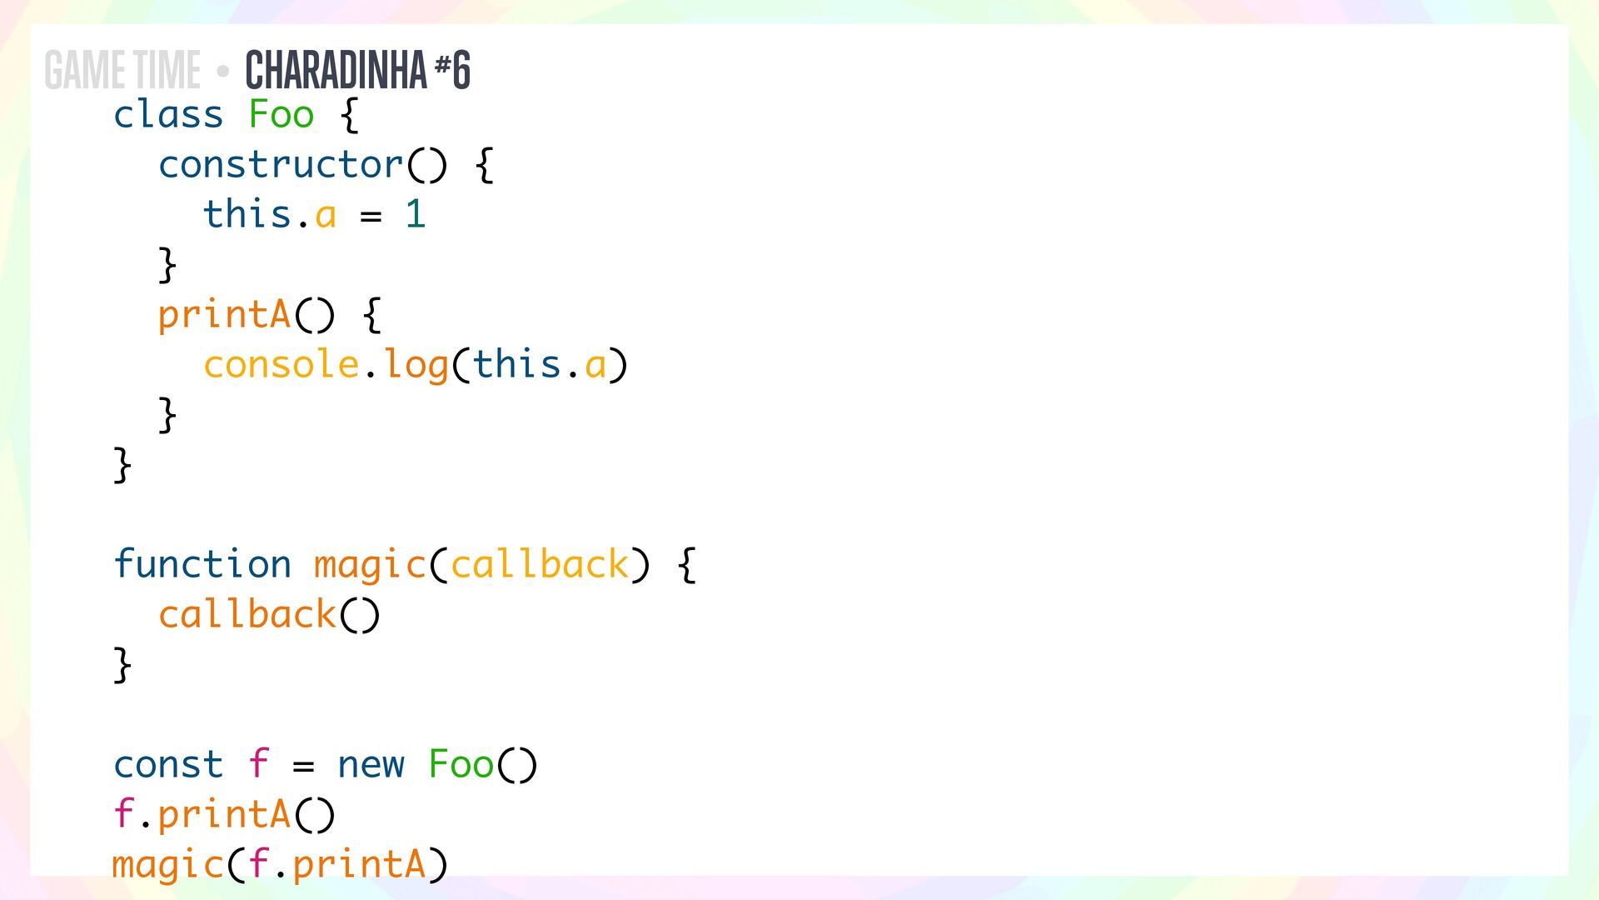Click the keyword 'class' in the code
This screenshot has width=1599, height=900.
pos(168,114)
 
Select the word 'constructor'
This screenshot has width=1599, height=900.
pos(281,164)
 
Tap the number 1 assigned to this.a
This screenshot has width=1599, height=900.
pos(415,214)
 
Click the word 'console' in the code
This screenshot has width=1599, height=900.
pos(281,364)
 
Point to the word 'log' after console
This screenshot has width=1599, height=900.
pos(416,366)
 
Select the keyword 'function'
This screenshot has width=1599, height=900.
pos(202,564)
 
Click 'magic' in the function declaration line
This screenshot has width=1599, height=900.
pos(370,566)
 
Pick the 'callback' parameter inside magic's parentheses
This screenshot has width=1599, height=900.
pos(539,564)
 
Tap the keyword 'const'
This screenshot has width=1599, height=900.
pos(168,764)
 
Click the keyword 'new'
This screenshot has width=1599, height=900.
pos(371,764)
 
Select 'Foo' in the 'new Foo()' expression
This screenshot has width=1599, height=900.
pos(461,764)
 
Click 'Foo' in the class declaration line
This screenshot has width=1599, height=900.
pos(281,114)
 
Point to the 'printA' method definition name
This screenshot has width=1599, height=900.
pos(224,316)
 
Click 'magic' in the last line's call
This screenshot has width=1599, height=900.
pos(167,865)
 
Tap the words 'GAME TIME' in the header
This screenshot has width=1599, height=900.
pos(122,70)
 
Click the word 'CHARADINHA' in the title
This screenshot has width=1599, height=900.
pos(336,70)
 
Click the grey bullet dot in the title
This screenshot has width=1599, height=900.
pos(222,72)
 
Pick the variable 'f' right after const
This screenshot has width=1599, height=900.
pos(258,764)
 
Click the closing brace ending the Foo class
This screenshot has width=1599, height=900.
pos(122,465)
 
